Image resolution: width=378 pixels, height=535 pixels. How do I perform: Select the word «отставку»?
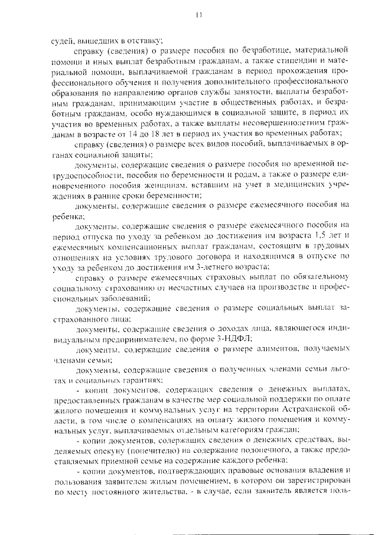click(x=140, y=41)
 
